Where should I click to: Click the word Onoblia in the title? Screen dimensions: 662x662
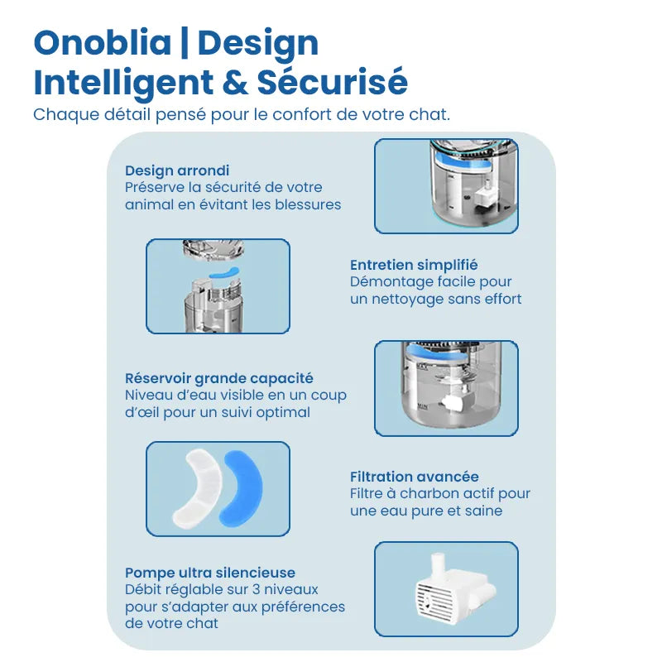[103, 43]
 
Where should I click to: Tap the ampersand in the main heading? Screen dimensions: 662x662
[235, 82]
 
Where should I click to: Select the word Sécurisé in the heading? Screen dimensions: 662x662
[333, 81]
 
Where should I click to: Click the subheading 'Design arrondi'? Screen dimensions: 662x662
[177, 170]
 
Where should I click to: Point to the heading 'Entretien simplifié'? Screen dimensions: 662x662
[414, 265]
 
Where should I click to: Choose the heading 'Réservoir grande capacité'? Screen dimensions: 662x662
[219, 378]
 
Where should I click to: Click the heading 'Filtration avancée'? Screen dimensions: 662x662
[415, 477]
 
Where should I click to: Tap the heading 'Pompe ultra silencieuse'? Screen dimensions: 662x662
[210, 573]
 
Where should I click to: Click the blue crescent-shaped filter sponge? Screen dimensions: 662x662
[242, 488]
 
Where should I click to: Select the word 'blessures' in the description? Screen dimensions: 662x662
[308, 204]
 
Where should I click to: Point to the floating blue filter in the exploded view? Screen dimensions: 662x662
[224, 273]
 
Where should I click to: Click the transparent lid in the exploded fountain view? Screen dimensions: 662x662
[213, 249]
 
